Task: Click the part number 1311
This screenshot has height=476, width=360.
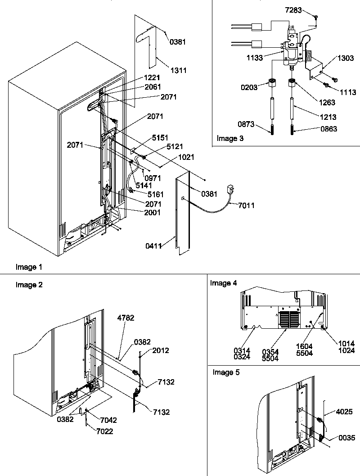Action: coord(178,70)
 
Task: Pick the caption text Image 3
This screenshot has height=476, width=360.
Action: coord(230,138)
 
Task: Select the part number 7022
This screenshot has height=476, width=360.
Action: coord(104,432)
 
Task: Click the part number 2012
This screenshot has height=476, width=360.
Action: coord(161,350)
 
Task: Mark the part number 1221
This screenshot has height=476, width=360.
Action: coord(152,78)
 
